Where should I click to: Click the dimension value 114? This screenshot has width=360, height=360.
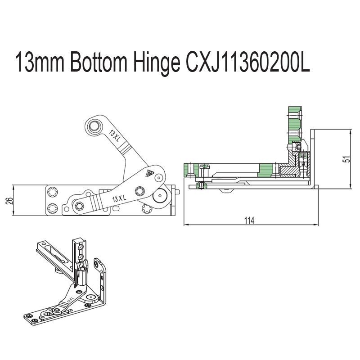click(x=249, y=220)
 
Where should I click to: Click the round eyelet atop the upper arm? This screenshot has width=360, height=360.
click(x=94, y=126)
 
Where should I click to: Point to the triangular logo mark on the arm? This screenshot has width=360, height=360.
click(x=148, y=173)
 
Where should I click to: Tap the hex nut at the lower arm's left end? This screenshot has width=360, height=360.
click(x=80, y=206)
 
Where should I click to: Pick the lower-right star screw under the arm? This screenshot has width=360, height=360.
click(x=146, y=209)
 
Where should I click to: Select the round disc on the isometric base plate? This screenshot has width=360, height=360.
click(x=91, y=297)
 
